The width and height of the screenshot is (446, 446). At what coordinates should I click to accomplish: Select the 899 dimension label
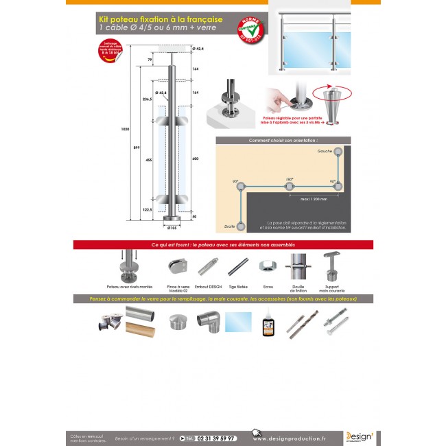pos(137,147)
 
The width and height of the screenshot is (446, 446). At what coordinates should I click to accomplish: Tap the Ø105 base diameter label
pos(172,227)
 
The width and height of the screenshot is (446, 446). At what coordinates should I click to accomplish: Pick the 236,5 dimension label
pos(147,99)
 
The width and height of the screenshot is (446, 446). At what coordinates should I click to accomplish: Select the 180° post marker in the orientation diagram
pos(289,185)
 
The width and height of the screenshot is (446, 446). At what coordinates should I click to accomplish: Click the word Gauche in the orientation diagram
pos(325,150)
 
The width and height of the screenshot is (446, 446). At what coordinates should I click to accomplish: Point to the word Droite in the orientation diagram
pos(229,225)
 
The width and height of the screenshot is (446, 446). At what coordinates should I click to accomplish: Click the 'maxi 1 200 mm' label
pos(314,199)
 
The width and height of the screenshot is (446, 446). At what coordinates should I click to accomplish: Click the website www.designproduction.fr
pos(290,438)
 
